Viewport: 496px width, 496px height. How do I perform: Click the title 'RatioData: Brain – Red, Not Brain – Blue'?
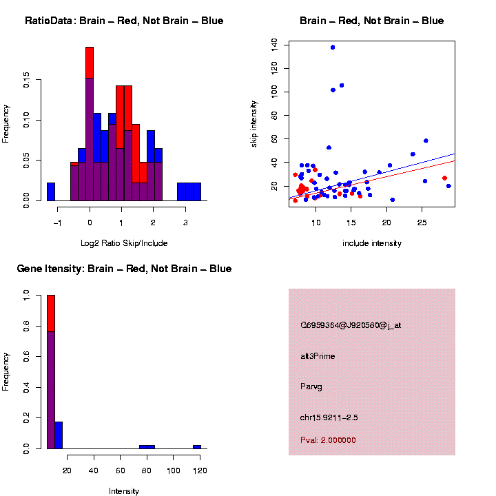click(x=124, y=21)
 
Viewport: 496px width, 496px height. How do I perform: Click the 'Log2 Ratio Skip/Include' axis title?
click(x=124, y=243)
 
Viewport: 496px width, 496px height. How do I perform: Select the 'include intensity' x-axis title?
click(x=372, y=243)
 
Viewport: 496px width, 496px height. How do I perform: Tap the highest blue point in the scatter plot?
click(x=333, y=48)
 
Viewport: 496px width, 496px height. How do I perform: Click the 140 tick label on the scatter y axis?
click(x=275, y=45)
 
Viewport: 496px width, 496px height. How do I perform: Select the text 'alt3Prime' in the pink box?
click(x=318, y=356)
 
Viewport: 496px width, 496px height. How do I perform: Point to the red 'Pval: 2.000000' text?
click(x=328, y=440)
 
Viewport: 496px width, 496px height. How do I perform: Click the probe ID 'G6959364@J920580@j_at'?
click(x=351, y=325)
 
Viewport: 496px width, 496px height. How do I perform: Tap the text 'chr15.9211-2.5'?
click(x=329, y=417)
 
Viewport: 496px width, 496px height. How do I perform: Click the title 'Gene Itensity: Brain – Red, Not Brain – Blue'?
click(x=124, y=269)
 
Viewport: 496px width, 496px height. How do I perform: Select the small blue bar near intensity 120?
click(x=197, y=446)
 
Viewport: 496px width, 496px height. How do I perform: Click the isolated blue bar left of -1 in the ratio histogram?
click(x=51, y=192)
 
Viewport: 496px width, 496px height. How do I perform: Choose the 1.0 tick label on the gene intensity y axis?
click(x=27, y=295)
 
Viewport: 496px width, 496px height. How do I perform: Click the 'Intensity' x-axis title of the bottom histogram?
click(x=124, y=491)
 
